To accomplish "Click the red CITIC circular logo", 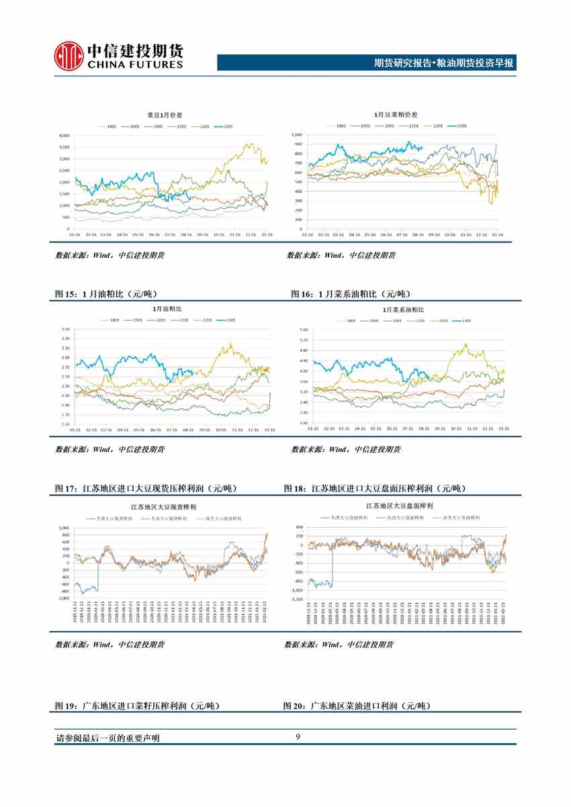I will point(69,56).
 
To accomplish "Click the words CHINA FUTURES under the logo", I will point(134,65).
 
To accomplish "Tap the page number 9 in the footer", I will point(297,738).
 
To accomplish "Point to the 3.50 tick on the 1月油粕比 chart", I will point(65,329).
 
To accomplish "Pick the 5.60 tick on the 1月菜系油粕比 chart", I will point(302,330).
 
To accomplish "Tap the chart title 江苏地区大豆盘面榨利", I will point(399,505).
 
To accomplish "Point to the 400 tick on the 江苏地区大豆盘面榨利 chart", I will point(299,527).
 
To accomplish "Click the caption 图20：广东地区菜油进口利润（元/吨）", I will point(356,706).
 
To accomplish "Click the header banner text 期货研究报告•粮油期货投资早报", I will point(443,63).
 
